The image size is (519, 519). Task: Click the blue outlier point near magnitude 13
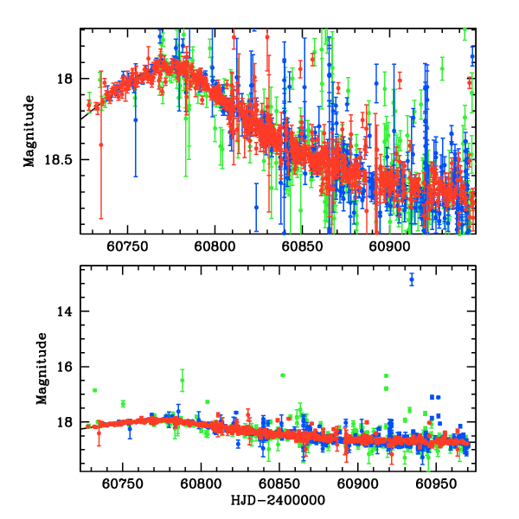point(412,279)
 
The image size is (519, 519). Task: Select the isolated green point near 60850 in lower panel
point(282,375)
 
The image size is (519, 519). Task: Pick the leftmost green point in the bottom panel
point(95,390)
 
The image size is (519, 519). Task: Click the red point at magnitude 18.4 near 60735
point(101,144)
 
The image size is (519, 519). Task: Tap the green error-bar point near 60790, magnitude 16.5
point(183,381)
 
